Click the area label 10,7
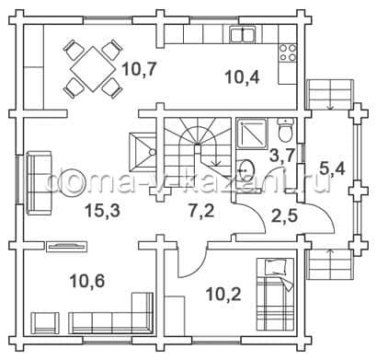(140, 70)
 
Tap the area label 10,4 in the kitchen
(242, 76)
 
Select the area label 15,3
(102, 211)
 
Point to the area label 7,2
(201, 211)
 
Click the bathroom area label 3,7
(282, 155)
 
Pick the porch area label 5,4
(332, 168)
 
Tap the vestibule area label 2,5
(284, 215)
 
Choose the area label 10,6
(87, 281)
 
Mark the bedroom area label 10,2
(223, 295)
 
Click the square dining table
(93, 68)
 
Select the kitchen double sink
(243, 34)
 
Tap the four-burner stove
(288, 52)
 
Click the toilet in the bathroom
(285, 131)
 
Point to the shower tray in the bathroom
(252, 134)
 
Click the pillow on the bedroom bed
(276, 267)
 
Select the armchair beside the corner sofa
(45, 323)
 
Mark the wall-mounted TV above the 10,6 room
(67, 246)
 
